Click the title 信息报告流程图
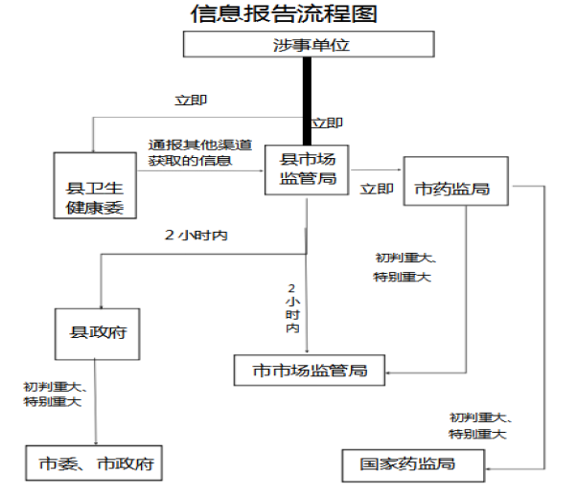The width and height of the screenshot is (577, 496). [285, 13]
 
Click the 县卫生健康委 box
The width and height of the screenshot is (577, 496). [95, 183]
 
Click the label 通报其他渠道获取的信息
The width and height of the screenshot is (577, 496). [199, 152]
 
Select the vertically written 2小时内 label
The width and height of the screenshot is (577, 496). [292, 307]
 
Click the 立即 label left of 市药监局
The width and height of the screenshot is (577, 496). [376, 189]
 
